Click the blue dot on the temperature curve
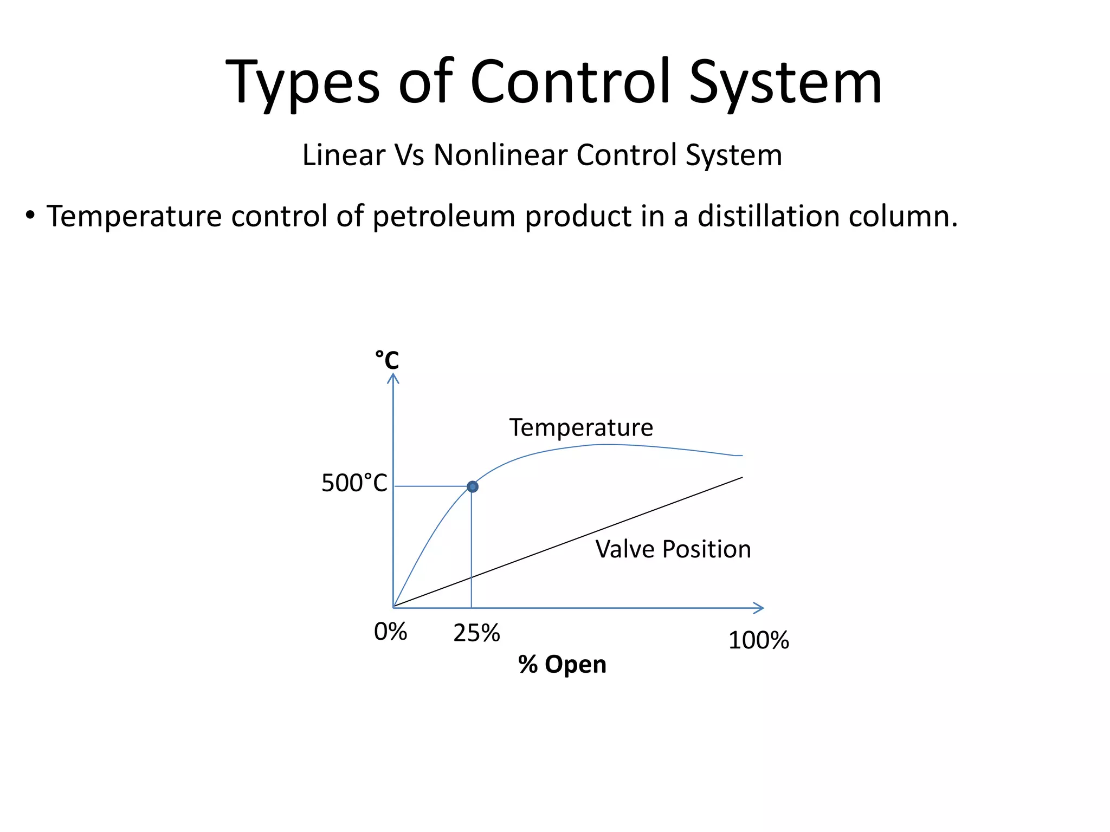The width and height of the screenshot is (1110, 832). [473, 486]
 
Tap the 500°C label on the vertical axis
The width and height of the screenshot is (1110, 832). [354, 483]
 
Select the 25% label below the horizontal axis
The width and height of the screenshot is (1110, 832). [476, 633]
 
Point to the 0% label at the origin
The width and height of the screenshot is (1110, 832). [390, 632]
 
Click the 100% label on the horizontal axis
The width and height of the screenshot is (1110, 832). [758, 640]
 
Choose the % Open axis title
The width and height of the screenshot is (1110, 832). [562, 664]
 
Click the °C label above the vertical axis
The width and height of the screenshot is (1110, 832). [387, 360]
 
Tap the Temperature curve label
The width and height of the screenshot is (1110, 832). [581, 427]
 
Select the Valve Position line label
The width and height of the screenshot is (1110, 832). [673, 549]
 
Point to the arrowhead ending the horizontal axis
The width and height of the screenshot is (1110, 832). [760, 608]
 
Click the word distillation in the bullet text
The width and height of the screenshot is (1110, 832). [768, 216]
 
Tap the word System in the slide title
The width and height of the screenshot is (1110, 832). [785, 83]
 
